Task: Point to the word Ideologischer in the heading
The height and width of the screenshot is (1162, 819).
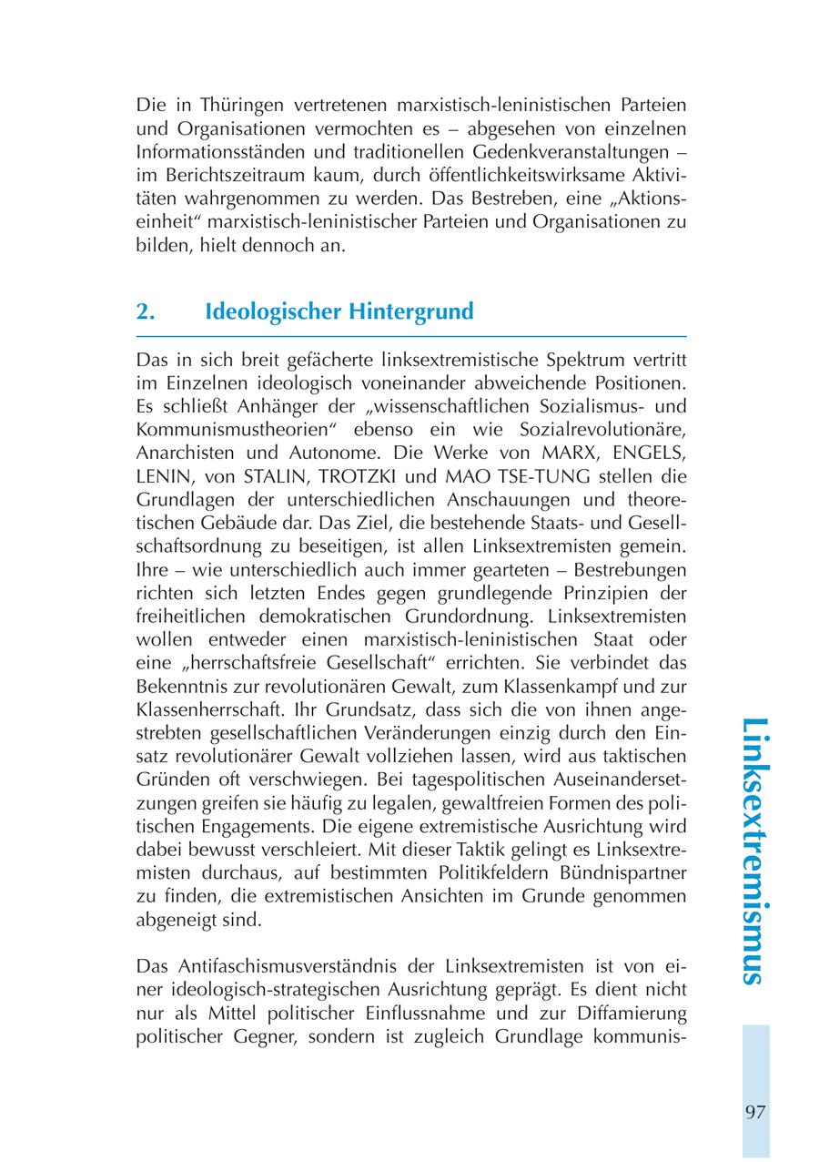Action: click(273, 311)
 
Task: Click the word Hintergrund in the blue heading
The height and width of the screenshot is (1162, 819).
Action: click(411, 311)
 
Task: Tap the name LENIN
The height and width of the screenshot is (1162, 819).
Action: click(161, 475)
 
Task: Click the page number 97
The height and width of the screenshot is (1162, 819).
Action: click(754, 1112)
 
